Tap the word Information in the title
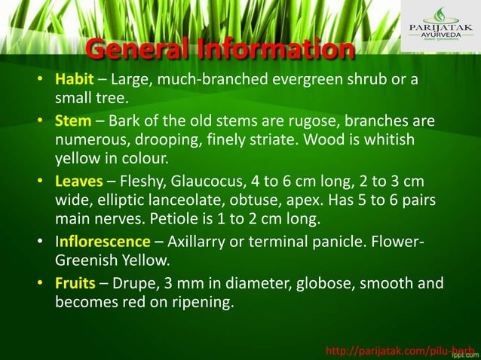(x=276, y=51)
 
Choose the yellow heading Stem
(x=72, y=121)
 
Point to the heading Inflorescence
(x=103, y=242)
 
